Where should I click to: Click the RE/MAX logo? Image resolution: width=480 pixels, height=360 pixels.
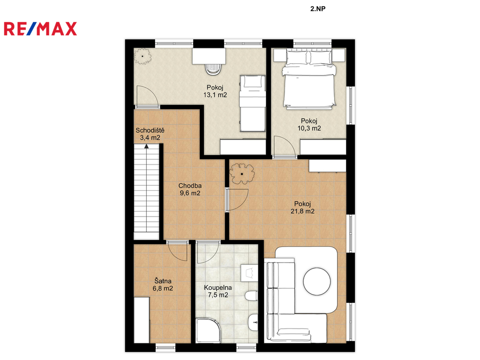tap(40, 29)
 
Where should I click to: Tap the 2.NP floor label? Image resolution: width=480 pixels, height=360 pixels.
tap(318, 9)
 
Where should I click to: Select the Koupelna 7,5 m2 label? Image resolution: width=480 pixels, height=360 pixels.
tap(218, 292)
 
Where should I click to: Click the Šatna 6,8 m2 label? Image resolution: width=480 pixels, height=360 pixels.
tap(163, 285)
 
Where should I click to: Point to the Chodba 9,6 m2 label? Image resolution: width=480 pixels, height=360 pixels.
tap(190, 189)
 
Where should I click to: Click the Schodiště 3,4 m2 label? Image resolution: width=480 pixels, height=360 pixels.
tap(150, 134)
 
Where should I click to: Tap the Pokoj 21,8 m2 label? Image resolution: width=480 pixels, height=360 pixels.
tap(302, 208)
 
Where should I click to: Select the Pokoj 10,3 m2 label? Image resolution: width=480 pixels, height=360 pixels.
tap(309, 125)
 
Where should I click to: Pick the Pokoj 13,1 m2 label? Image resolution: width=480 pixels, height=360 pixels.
tap(215, 91)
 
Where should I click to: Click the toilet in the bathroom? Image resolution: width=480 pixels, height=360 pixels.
tap(251, 296)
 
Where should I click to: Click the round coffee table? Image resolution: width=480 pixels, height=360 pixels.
tap(317, 281)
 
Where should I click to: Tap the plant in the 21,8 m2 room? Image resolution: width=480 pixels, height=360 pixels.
tap(242, 174)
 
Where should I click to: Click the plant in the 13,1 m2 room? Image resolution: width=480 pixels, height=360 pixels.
tap(142, 56)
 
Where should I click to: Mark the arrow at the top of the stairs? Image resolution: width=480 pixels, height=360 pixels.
tap(147, 146)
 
